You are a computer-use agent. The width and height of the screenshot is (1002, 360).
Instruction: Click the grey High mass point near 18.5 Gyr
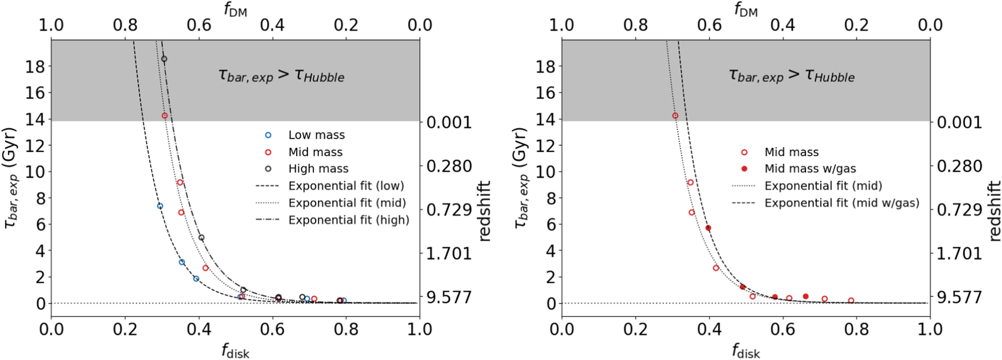[164, 59]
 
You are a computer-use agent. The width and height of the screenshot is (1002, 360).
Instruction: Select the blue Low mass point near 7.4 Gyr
[160, 206]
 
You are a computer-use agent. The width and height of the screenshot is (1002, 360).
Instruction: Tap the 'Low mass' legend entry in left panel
[317, 135]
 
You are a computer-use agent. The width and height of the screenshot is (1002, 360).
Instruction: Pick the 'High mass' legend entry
[318, 169]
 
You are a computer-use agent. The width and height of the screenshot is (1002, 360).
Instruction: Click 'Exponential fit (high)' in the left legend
[349, 220]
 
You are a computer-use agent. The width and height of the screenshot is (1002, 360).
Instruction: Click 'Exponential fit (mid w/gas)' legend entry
[841, 203]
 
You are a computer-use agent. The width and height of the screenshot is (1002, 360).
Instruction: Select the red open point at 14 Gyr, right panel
[675, 116]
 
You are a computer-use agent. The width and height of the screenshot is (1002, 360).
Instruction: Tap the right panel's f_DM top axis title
[745, 10]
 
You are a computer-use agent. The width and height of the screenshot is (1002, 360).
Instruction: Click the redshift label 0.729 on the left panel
[449, 210]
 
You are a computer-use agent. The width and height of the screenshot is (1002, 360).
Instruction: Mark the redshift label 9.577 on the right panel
[959, 297]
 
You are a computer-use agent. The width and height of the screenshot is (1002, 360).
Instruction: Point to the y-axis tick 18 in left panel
[35, 66]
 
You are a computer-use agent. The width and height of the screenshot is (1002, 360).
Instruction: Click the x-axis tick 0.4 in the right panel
[709, 330]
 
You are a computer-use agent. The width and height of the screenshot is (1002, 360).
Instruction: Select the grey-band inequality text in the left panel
[281, 76]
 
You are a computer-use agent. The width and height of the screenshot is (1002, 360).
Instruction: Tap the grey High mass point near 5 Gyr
[201, 238]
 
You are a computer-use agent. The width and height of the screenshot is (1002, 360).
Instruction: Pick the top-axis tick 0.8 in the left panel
[125, 25]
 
